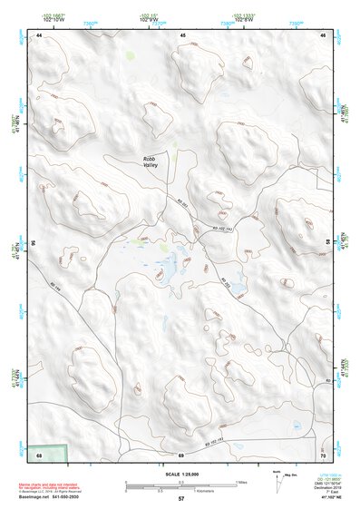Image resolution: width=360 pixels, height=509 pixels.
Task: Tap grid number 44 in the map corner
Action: click(x=39, y=34)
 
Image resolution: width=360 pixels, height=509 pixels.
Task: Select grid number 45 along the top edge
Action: click(x=182, y=34)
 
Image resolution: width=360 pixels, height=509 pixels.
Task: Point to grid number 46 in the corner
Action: click(x=322, y=34)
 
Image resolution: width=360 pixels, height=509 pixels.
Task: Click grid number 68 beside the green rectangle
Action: click(x=39, y=454)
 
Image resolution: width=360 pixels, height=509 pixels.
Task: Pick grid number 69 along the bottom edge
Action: click(x=181, y=454)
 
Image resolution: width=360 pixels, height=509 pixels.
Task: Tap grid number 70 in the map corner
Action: click(x=323, y=454)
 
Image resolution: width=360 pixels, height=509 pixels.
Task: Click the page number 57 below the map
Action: click(x=181, y=498)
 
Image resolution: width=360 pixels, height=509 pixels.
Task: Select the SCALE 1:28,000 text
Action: click(x=181, y=474)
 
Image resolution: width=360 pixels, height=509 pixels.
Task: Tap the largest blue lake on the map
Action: click(x=166, y=272)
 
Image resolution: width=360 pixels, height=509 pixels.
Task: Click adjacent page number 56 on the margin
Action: click(x=34, y=243)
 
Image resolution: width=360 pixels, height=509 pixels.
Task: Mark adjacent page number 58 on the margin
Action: click(x=327, y=243)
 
